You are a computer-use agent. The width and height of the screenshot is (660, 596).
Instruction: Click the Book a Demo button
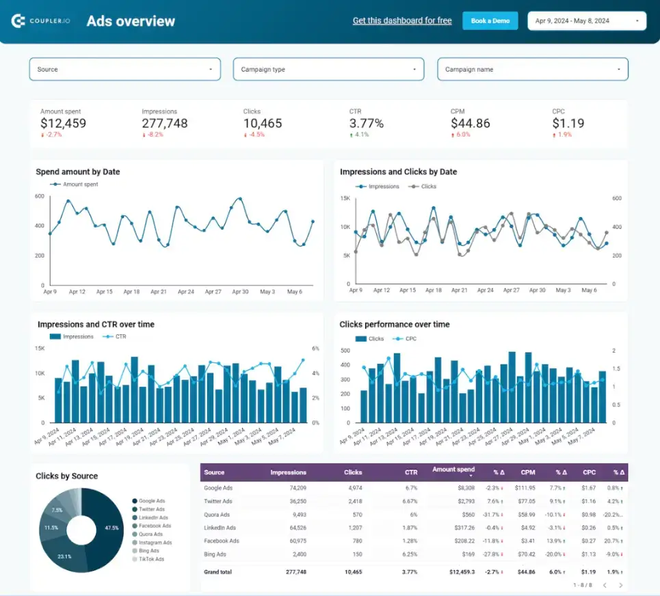pyautogui.click(x=490, y=21)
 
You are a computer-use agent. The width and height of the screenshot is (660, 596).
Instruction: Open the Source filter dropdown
pyautogui.click(x=124, y=69)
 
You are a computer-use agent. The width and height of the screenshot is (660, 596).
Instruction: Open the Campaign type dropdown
pyautogui.click(x=328, y=69)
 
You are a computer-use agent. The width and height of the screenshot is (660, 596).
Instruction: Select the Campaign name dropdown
pyautogui.click(x=532, y=69)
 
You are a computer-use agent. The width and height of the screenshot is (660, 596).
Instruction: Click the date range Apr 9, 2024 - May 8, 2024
pyautogui.click(x=587, y=21)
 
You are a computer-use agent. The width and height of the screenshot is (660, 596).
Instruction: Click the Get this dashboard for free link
pyautogui.click(x=402, y=21)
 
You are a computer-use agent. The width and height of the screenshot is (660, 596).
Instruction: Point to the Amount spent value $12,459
pyautogui.click(x=63, y=123)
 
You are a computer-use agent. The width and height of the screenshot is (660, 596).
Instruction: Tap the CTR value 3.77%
pyautogui.click(x=367, y=123)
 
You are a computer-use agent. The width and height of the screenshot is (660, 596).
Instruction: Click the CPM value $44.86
pyautogui.click(x=471, y=123)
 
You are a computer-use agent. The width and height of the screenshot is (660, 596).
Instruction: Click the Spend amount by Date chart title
pyautogui.click(x=77, y=172)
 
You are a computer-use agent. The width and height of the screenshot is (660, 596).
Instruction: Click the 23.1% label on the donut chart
pyautogui.click(x=65, y=556)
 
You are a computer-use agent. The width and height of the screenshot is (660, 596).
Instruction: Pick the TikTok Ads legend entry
pyautogui.click(x=150, y=559)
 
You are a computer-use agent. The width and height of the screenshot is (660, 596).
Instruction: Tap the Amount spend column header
pyautogui.click(x=453, y=470)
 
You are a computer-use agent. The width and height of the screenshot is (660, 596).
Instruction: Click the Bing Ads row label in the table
pyautogui.click(x=216, y=554)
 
